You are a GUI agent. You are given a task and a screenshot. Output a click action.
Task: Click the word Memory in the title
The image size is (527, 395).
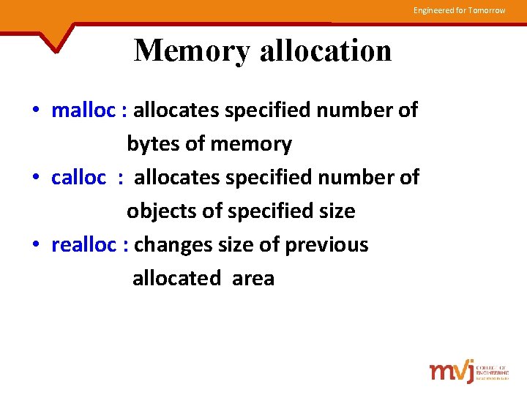[x=193, y=50]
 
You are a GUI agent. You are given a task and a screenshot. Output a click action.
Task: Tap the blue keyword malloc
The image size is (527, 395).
[x=83, y=110]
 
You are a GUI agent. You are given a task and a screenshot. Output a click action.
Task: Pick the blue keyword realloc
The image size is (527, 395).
[x=83, y=244]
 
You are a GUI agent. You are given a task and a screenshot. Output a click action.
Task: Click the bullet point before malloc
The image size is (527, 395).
[x=36, y=110]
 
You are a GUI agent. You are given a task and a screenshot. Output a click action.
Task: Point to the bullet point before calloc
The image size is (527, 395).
[x=36, y=178]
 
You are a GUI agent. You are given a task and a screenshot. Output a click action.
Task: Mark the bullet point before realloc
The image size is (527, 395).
[x=36, y=245]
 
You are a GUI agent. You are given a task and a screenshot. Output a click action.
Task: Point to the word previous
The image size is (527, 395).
[x=326, y=244]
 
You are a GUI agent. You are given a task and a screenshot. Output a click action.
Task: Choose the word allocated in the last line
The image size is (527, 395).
[x=176, y=278]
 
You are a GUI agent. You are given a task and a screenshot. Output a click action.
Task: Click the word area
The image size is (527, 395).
[x=253, y=278]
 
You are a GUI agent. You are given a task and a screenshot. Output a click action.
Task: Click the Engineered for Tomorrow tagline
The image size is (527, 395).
[x=459, y=10]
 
